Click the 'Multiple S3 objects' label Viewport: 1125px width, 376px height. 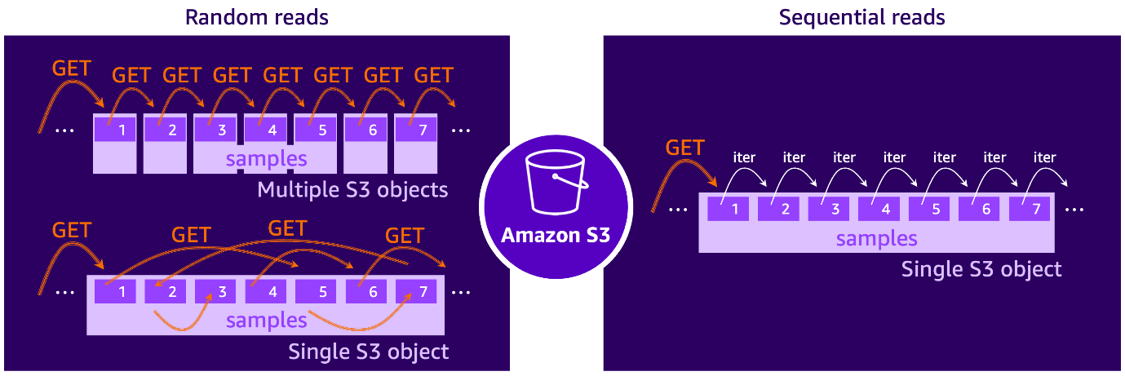pos(352,190)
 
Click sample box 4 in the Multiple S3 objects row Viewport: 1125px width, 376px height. pos(272,130)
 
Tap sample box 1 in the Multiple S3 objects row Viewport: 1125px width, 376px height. pos(122,130)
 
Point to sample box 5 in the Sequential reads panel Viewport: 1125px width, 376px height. pos(935,209)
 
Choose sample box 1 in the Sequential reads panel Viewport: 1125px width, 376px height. pos(734,209)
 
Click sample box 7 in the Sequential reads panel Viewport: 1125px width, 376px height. pos(1035,209)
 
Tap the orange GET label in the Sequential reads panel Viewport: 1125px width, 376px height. pos(685,148)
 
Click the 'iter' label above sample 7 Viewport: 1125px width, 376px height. pos(1045,157)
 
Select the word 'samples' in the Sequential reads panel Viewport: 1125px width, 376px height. pos(877,238)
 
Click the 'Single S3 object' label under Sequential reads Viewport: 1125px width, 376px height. pos(981,268)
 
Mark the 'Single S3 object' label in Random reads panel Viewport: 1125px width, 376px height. pos(369,352)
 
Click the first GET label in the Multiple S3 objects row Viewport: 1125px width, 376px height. pos(72,69)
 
